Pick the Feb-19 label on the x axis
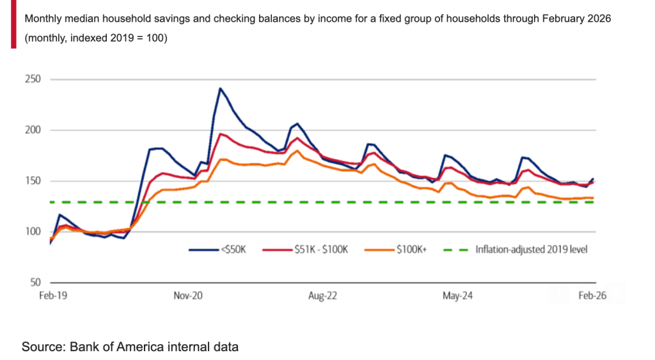coord(51,296)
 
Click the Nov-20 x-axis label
coord(188,296)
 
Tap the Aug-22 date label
coord(322,296)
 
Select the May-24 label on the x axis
coord(458,296)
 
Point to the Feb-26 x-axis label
coord(593,296)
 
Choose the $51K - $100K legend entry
coord(322,249)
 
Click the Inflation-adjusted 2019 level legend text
coord(531,249)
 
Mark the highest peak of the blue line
coord(220,88)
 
